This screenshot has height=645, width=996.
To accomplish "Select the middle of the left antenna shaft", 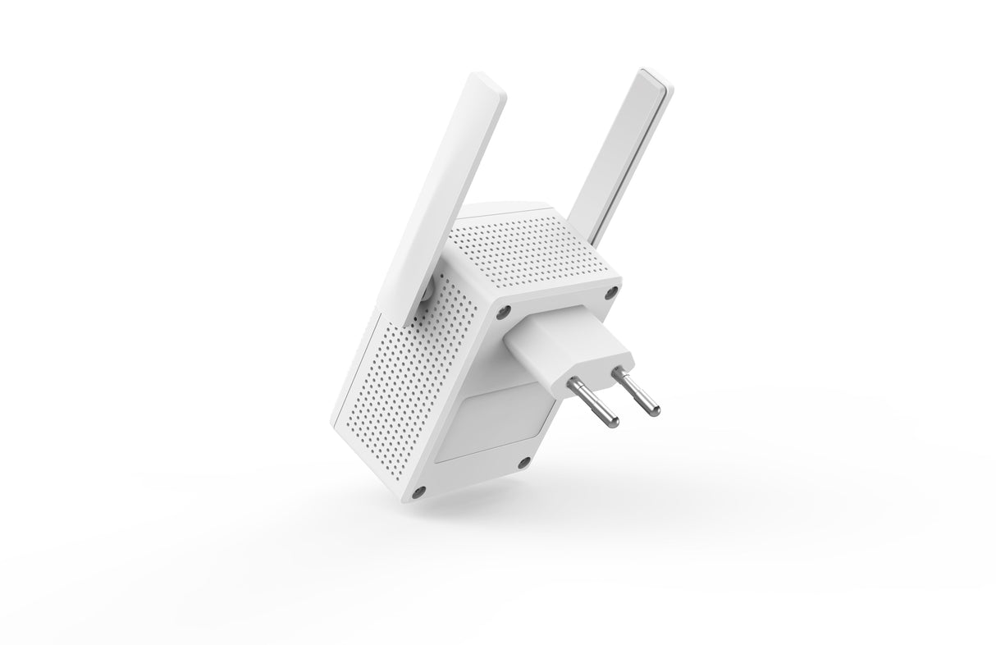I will click(x=455, y=189).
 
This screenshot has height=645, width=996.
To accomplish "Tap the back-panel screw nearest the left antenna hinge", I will click(x=504, y=312).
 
